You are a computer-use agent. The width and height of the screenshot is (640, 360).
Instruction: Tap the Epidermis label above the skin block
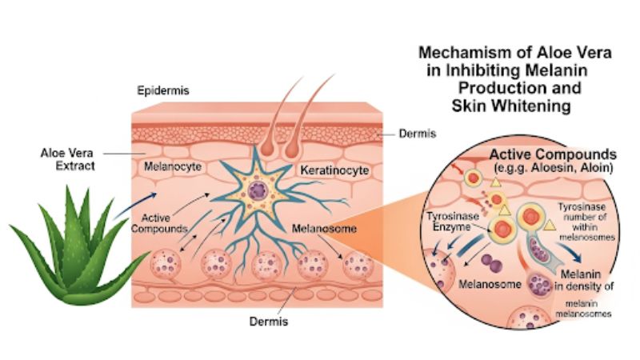pos(163,90)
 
